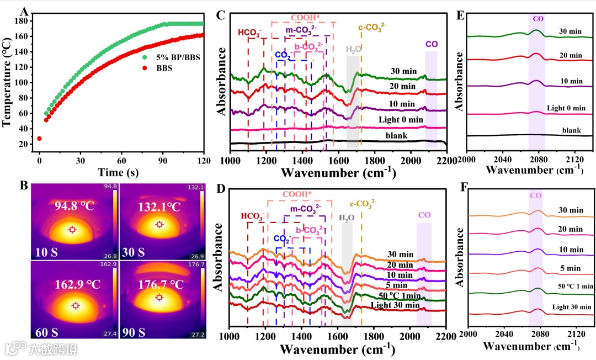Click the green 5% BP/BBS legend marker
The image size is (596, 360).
pyautogui.click(x=145, y=57)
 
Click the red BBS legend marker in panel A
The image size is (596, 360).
pyautogui.click(x=145, y=69)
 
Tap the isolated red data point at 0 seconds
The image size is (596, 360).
pyautogui.click(x=39, y=139)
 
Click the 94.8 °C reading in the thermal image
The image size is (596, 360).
pyautogui.click(x=74, y=208)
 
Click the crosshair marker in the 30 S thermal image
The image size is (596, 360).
pyautogui.click(x=160, y=224)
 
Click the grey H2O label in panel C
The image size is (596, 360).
pyautogui.click(x=354, y=49)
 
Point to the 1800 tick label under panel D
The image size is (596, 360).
pyautogui.click(x=374, y=336)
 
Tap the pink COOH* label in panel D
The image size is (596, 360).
pyautogui.click(x=300, y=195)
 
